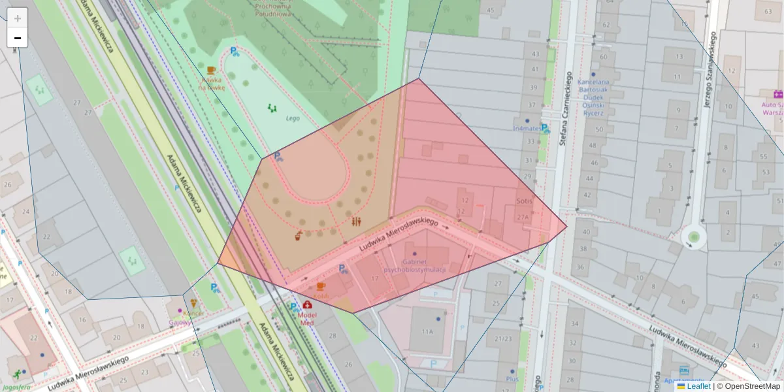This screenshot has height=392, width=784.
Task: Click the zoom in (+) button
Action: coord(18,18)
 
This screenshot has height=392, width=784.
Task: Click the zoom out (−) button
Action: coord(18,38)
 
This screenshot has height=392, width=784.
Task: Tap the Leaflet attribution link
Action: coord(698,386)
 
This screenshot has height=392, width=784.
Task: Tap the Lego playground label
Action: coord(292,118)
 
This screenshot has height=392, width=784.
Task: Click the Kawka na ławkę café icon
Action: coord(210,71)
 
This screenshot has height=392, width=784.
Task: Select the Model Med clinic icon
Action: coord(307,304)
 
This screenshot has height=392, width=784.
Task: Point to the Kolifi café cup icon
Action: coord(320,286)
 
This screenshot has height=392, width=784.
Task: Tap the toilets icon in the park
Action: coord(355,221)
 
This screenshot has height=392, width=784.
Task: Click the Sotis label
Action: coord(525,201)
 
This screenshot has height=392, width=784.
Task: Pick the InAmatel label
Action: coord(526,128)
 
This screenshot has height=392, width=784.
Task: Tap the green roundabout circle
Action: coord(694,236)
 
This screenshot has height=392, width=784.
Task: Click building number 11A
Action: coord(427,332)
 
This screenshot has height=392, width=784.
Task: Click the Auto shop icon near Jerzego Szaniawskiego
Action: coord(777,94)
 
